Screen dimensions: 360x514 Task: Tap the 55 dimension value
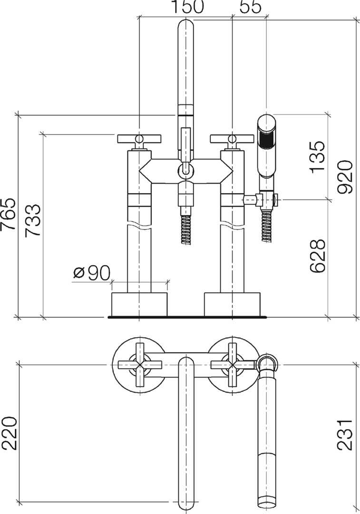click(251, 7)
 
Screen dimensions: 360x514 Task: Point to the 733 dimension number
click(33, 220)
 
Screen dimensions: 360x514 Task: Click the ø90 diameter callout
click(92, 273)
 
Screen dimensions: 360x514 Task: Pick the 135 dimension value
click(317, 157)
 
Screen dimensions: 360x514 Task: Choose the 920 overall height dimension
click(345, 177)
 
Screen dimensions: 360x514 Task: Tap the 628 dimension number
click(317, 256)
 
